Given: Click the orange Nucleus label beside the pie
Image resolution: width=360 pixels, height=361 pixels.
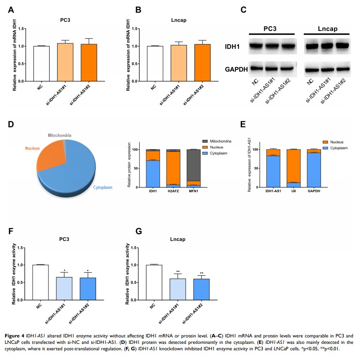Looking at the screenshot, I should (x=31, y=148).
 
